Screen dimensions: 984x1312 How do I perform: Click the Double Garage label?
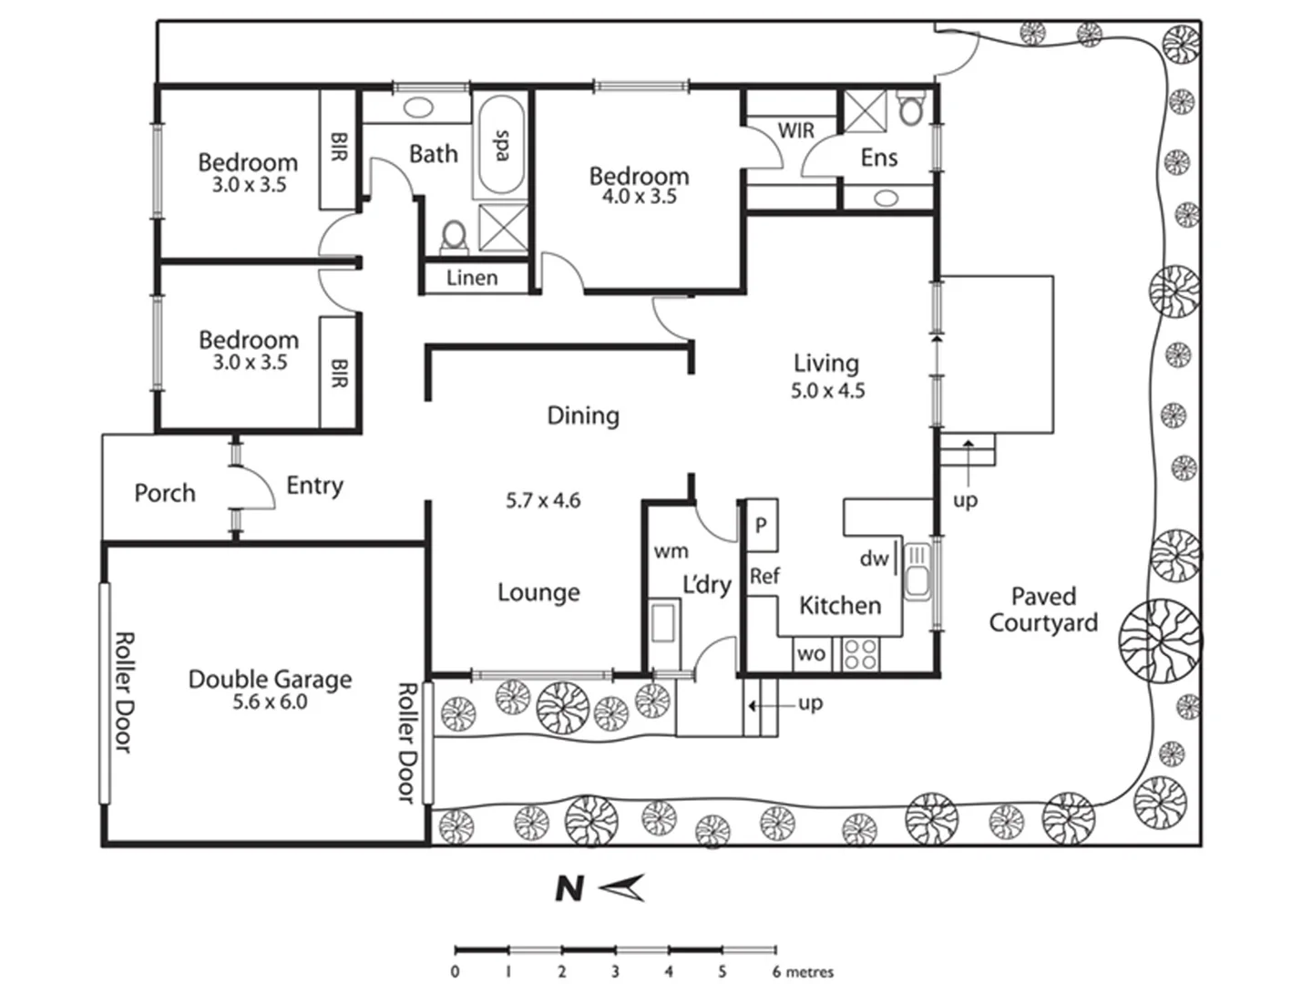click(x=270, y=679)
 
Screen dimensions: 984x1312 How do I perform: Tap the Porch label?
click(x=165, y=493)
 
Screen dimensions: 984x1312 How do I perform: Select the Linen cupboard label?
click(x=472, y=278)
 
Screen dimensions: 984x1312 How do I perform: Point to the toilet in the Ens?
click(x=910, y=109)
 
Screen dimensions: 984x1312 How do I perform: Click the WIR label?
click(x=795, y=131)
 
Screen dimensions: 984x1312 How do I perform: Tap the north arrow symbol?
click(x=625, y=887)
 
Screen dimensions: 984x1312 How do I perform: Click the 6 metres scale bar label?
click(x=802, y=972)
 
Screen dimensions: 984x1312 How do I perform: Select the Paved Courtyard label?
click(x=1043, y=610)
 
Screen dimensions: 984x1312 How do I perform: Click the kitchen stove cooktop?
click(x=860, y=654)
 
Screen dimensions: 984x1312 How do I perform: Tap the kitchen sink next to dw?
click(x=917, y=571)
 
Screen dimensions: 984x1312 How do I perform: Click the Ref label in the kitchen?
click(x=764, y=576)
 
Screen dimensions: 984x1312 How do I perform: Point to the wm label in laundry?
click(x=671, y=551)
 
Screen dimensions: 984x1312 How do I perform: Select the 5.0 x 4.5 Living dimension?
click(x=827, y=391)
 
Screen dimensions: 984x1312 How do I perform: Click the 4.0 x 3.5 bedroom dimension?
click(x=639, y=197)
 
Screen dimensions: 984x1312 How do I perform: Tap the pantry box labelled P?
click(x=762, y=525)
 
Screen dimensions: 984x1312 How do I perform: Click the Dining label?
click(x=583, y=415)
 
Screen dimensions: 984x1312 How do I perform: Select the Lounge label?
click(x=538, y=592)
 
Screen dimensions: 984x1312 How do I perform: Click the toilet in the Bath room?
click(x=453, y=237)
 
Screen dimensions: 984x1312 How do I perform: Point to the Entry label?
click(x=314, y=486)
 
